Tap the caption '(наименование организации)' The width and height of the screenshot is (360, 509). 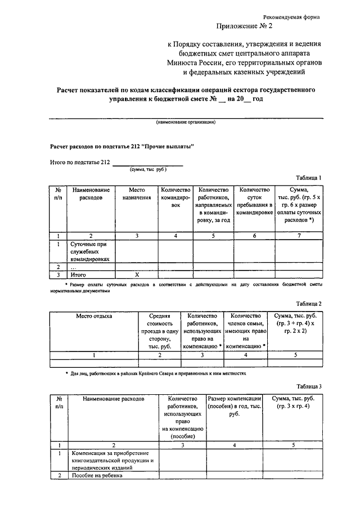(186, 122)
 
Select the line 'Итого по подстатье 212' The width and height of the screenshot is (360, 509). (80, 163)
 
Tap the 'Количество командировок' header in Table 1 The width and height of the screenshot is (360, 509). (175, 198)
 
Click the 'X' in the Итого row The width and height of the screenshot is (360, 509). (137, 274)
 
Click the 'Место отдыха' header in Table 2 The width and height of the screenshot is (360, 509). (94, 316)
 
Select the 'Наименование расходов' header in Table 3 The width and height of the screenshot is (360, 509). (114, 398)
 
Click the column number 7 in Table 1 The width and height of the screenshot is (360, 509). (299, 236)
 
